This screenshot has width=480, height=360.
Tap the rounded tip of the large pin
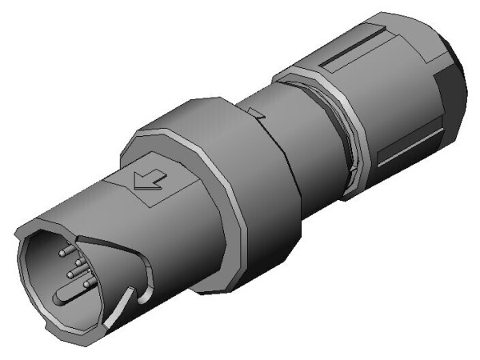click(x=57, y=300)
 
